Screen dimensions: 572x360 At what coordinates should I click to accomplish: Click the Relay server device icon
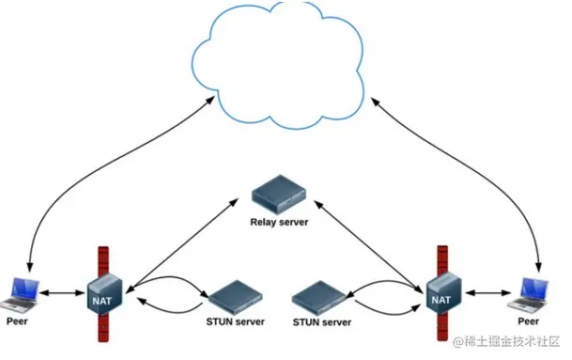coord(279,195)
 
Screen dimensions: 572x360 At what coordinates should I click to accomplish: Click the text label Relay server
coord(279,222)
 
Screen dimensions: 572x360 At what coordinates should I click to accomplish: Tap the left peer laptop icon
coord(21,295)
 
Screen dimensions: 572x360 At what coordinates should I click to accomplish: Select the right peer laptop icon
coord(529,294)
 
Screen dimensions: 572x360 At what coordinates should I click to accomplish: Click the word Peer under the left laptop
coord(17,321)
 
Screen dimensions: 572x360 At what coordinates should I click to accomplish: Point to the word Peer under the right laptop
coord(528,321)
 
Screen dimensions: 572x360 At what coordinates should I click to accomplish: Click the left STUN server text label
coord(236,321)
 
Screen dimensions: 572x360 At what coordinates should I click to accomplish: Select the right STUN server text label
coord(322,322)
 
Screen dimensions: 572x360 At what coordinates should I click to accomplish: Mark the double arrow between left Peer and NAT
coord(63,292)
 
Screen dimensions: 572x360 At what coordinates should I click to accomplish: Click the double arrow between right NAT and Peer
coord(488,292)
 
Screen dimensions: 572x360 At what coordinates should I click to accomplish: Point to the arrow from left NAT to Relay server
coord(182,245)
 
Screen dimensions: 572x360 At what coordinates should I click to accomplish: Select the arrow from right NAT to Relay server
coord(368,246)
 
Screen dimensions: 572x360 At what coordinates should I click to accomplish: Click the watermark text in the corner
coord(506,341)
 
